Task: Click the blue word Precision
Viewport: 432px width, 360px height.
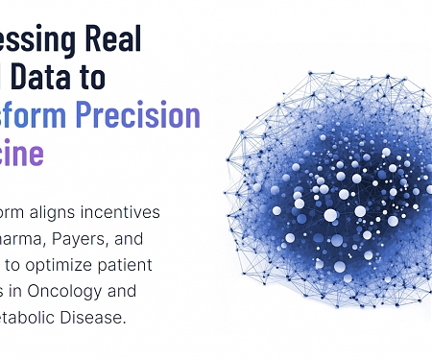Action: (x=144, y=115)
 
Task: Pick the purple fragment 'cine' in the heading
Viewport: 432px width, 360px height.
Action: (x=22, y=154)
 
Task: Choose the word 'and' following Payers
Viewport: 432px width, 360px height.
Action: (x=136, y=238)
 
